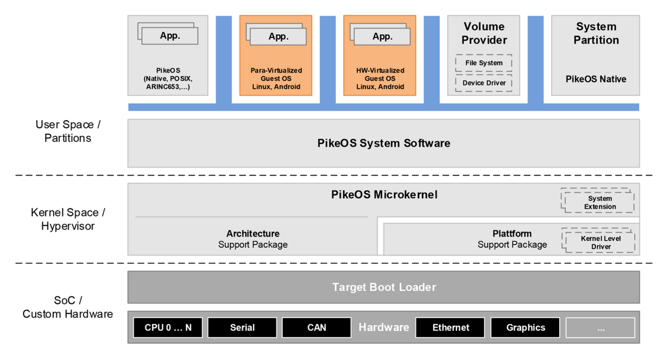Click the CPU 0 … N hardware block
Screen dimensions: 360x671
coord(168,328)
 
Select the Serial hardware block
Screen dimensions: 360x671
coord(242,328)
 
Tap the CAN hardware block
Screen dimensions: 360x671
coord(316,328)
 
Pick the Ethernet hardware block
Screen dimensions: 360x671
coord(450,328)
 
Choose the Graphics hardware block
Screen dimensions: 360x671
coord(525,328)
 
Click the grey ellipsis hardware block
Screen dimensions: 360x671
coord(600,328)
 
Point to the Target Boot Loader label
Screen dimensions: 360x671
coord(384,287)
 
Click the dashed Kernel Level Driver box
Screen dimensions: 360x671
coord(600,242)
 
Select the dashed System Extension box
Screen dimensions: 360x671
coord(599,202)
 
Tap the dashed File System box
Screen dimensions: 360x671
coord(484,63)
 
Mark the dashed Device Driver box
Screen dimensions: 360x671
coord(484,83)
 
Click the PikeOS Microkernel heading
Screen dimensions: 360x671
coord(384,195)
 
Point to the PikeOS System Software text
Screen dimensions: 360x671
coord(384,143)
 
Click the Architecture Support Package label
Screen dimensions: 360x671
coord(253,239)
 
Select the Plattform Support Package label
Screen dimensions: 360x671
coord(512,239)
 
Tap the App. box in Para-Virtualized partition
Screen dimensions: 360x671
coord(278,37)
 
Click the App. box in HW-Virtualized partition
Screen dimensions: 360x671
coord(382,37)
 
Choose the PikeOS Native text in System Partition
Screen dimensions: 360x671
coord(595,79)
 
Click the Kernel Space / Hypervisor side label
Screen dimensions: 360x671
coord(68,219)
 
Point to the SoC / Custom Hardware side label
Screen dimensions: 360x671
coord(68,307)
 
